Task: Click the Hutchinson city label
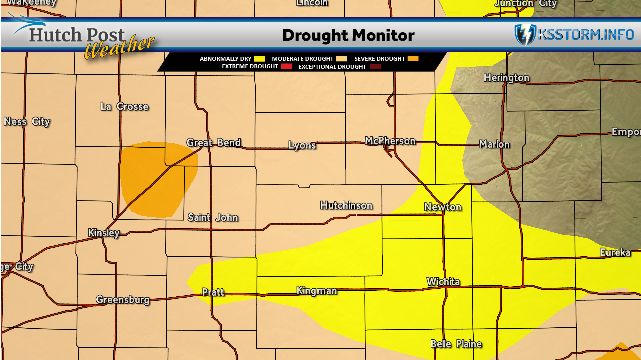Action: point(346,206)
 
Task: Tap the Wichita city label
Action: point(443,282)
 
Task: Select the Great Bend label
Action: point(214,143)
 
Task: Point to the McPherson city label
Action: point(390,141)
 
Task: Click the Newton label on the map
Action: point(443,207)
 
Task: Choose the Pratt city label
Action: point(213,292)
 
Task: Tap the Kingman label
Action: point(317,291)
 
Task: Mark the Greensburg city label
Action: point(123,300)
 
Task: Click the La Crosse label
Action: point(125,107)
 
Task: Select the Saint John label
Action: point(213,218)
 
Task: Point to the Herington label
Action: point(506,78)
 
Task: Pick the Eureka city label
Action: point(615,253)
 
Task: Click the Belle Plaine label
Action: point(456,344)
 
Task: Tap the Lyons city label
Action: point(302,145)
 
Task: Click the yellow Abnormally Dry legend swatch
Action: point(260,59)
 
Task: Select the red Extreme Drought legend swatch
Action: point(286,67)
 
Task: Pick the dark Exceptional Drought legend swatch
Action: point(375,67)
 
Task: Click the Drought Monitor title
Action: point(348,36)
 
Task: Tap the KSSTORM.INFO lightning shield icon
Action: point(525,35)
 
